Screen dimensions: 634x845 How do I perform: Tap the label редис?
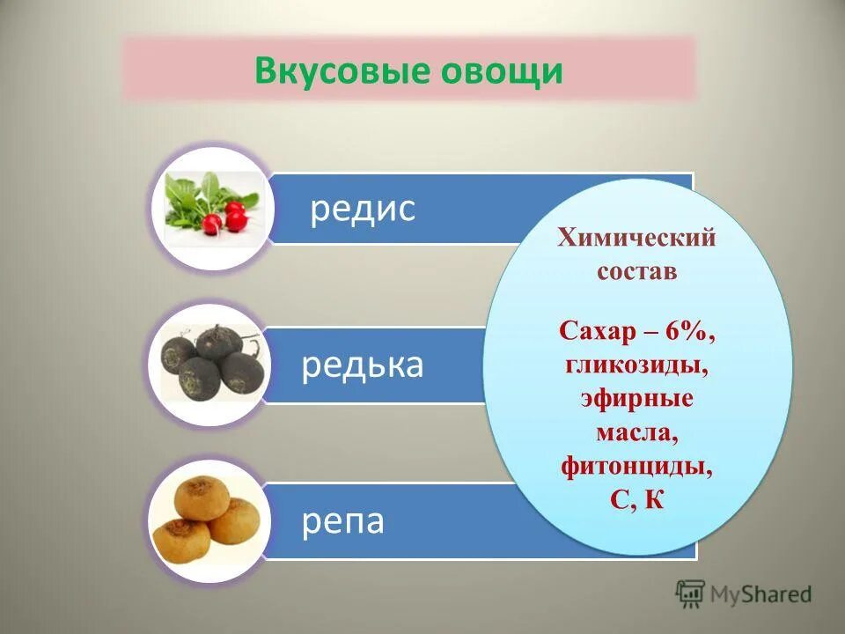pyautogui.click(x=362, y=210)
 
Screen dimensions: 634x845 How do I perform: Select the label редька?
pyautogui.click(x=362, y=365)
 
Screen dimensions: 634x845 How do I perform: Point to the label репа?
pyautogui.click(x=343, y=521)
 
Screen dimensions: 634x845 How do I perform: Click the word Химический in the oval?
pyautogui.click(x=636, y=238)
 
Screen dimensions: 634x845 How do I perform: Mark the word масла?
pyautogui.click(x=636, y=431)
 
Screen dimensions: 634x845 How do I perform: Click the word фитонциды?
pyautogui.click(x=636, y=464)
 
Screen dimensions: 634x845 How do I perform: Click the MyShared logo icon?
pyautogui.click(x=690, y=593)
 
